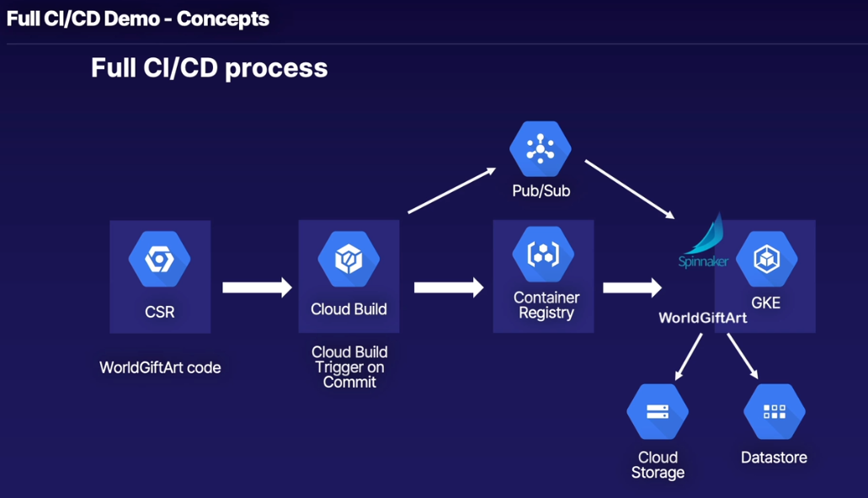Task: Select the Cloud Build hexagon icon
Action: (x=349, y=258)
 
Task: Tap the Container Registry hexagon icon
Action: (x=543, y=254)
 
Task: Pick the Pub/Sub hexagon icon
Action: (x=541, y=149)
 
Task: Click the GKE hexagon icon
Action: (x=766, y=258)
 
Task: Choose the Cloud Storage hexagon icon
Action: (x=658, y=412)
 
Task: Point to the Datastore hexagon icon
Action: (x=774, y=412)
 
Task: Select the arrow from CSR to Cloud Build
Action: (x=257, y=287)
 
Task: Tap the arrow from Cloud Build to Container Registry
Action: (x=449, y=287)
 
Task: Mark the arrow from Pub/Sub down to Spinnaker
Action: (x=630, y=189)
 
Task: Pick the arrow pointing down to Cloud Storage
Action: (x=689, y=356)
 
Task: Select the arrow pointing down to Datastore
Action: (x=743, y=356)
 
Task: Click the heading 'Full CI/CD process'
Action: (x=209, y=67)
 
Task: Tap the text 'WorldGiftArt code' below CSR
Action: (x=160, y=367)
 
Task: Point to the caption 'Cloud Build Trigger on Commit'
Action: (x=349, y=367)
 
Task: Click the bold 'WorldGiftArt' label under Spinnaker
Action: (x=702, y=318)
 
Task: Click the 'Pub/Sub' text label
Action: (x=541, y=191)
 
